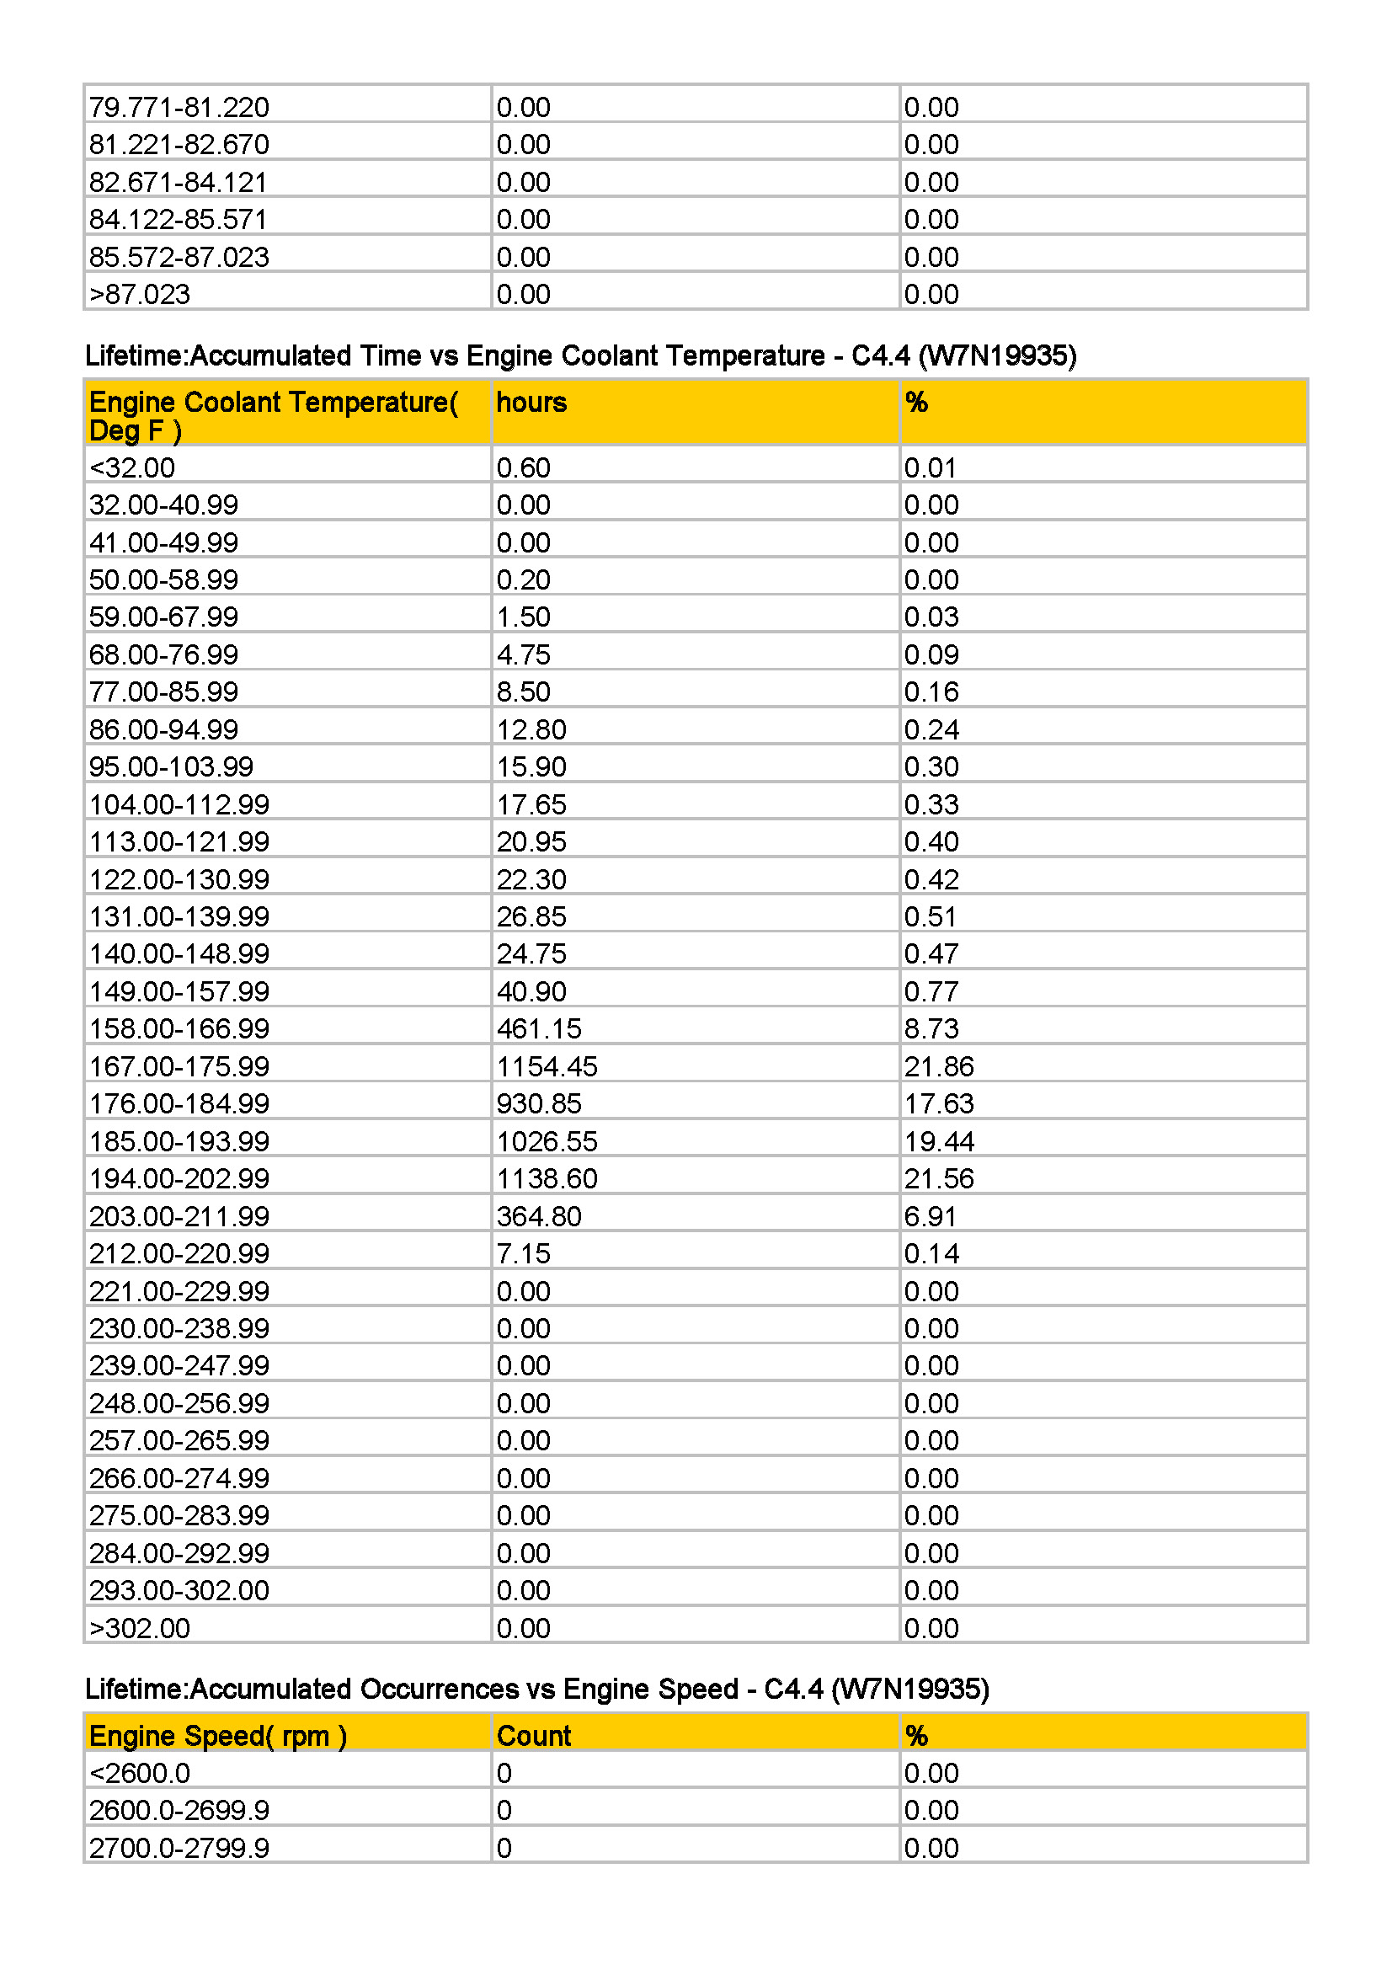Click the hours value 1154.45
pos(547,1066)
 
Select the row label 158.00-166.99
pos(179,1028)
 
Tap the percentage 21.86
pos(938,1066)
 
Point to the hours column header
pos(531,403)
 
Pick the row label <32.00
pos(132,467)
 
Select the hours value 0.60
pos(523,467)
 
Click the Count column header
pos(533,1736)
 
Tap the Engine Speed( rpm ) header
pos(218,1736)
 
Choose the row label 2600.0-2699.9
pos(179,1811)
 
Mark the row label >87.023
pos(140,294)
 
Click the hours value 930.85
pos(539,1103)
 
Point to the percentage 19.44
pos(938,1141)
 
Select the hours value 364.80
pos(539,1216)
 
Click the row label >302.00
pos(140,1628)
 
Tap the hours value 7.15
pos(523,1253)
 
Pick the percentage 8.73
pos(931,1028)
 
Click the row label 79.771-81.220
pos(179,107)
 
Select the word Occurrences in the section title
pos(439,1689)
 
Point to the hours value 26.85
pos(531,916)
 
